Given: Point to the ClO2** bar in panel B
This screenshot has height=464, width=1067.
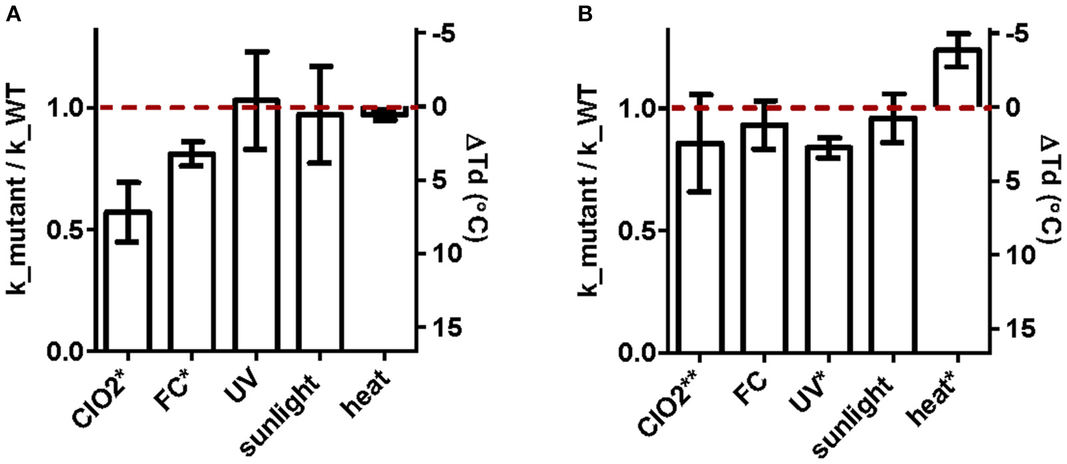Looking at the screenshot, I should click(x=700, y=247).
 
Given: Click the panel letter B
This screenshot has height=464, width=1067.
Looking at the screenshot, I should click(x=585, y=14).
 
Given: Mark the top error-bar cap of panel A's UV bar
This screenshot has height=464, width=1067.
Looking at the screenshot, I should click(x=256, y=51).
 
